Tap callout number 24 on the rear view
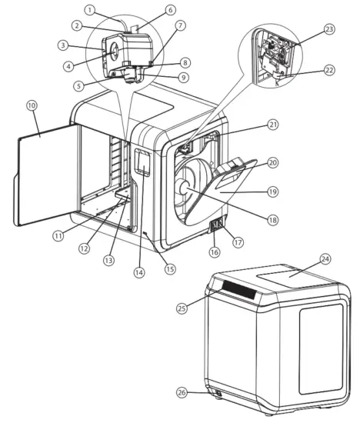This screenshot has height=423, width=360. pyautogui.click(x=325, y=260)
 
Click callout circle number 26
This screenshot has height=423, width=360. pyautogui.click(x=182, y=391)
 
